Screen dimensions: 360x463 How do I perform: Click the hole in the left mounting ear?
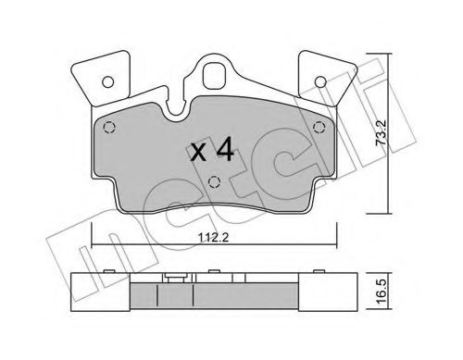tap(104, 80)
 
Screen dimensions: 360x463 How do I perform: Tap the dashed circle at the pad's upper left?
tap(108, 128)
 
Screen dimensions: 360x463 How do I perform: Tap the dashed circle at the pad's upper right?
tap(319, 128)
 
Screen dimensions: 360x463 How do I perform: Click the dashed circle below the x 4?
tap(213, 182)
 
